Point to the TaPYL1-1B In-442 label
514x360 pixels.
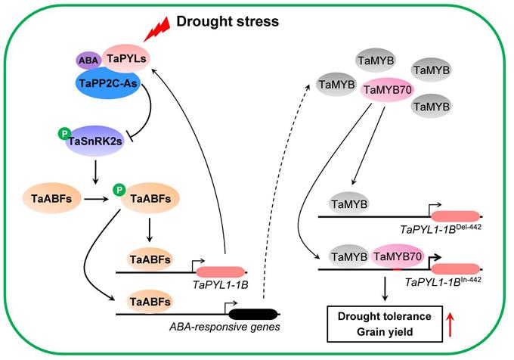pos(439,281)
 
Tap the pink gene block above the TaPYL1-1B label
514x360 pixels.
pos(221,270)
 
